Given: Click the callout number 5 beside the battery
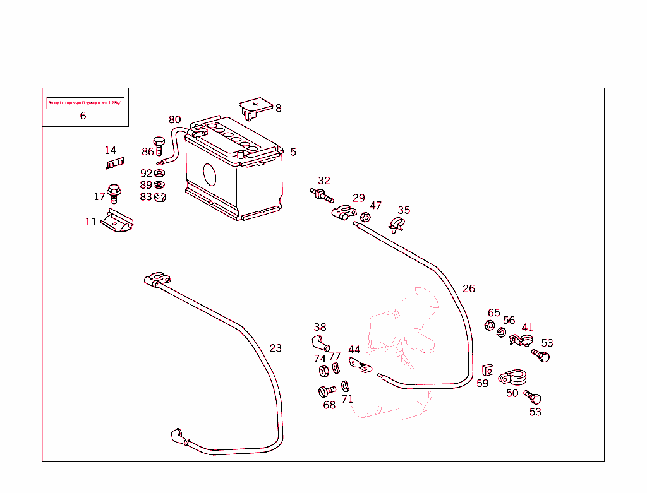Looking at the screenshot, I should (x=293, y=152).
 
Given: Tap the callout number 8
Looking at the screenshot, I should (x=279, y=108).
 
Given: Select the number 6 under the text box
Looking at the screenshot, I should (x=83, y=116).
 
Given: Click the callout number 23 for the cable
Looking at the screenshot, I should (x=275, y=348).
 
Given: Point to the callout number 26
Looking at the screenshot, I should (x=469, y=288).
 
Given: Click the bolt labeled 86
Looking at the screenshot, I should (x=159, y=145).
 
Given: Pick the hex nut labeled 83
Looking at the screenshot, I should (x=160, y=196).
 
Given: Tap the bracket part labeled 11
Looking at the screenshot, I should (x=117, y=222).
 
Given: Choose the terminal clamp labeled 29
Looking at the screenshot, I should (x=343, y=213).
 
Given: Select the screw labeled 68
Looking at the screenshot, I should (x=327, y=391).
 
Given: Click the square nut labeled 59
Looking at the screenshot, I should (x=487, y=369).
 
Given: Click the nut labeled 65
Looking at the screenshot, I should (x=489, y=326).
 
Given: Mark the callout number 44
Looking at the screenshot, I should (x=354, y=350).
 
